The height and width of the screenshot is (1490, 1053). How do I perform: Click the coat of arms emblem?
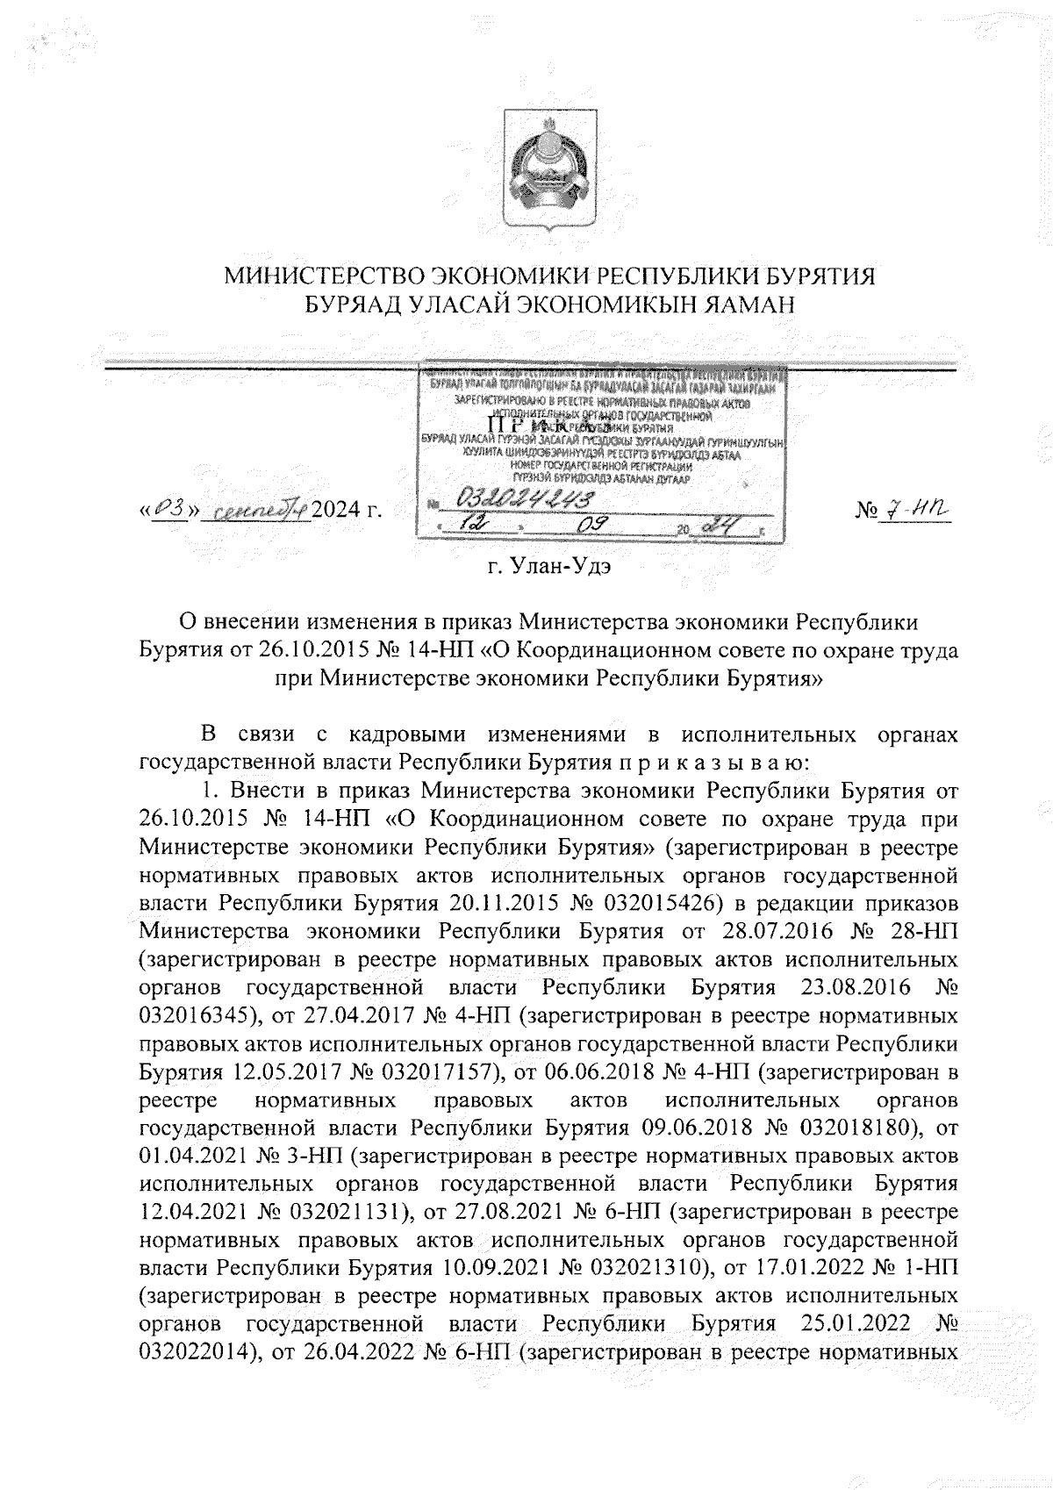click(x=550, y=171)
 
